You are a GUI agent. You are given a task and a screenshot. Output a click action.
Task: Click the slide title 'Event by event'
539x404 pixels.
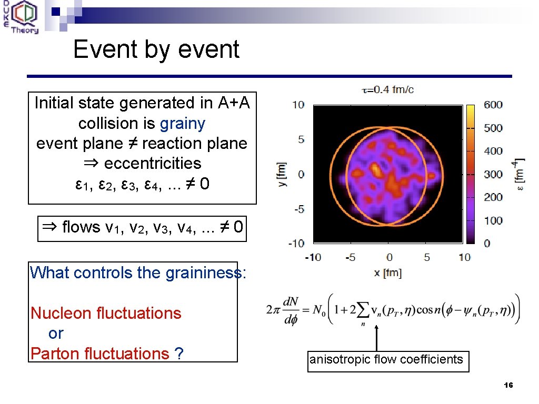tap(156, 49)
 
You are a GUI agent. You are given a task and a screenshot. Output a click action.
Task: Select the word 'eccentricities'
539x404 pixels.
tap(153, 164)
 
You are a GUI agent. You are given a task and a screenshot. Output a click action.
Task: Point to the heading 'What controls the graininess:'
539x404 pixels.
tap(138, 272)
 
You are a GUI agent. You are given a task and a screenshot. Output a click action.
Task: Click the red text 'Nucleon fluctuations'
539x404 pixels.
tap(106, 313)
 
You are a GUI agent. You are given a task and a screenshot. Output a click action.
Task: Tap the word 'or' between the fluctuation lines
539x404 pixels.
tap(55, 334)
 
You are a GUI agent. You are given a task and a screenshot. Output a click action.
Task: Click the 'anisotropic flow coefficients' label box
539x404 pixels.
tap(387, 360)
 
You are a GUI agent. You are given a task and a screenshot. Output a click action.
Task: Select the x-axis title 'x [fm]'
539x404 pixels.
tap(387, 272)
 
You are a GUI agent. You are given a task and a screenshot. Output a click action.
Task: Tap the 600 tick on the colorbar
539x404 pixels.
tap(493, 105)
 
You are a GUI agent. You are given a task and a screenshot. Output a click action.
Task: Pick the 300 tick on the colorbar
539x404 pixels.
tap(493, 174)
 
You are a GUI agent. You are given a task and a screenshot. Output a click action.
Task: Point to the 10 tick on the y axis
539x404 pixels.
tap(298, 105)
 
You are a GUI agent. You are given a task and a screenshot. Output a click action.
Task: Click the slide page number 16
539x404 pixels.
tap(507, 386)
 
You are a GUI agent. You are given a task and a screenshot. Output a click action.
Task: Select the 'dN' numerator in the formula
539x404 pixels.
tap(291, 303)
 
